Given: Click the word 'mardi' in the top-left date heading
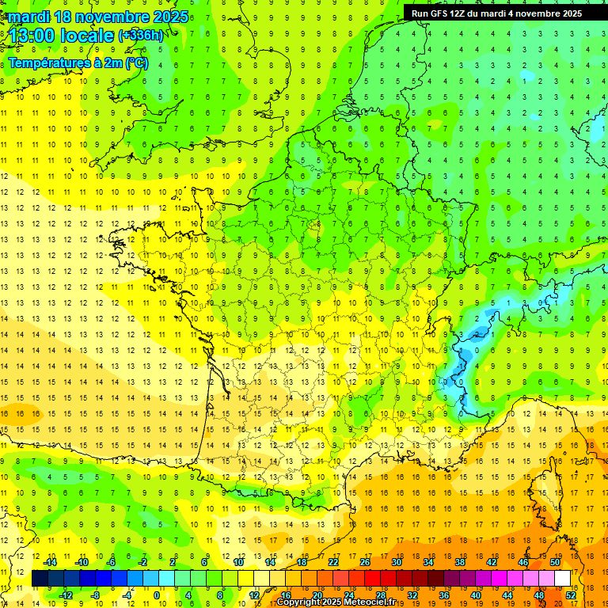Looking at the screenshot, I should (x=26, y=17).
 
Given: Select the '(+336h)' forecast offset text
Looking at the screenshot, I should (x=141, y=36).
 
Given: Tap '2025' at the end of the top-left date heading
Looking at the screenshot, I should (x=169, y=17).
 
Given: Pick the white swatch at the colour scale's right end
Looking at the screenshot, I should (x=563, y=579).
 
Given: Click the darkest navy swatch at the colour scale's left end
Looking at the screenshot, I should (x=40, y=579).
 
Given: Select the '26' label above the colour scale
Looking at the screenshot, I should (x=365, y=562).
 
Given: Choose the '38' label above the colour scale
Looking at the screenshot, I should (x=460, y=562).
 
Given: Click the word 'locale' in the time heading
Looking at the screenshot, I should (x=88, y=35).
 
